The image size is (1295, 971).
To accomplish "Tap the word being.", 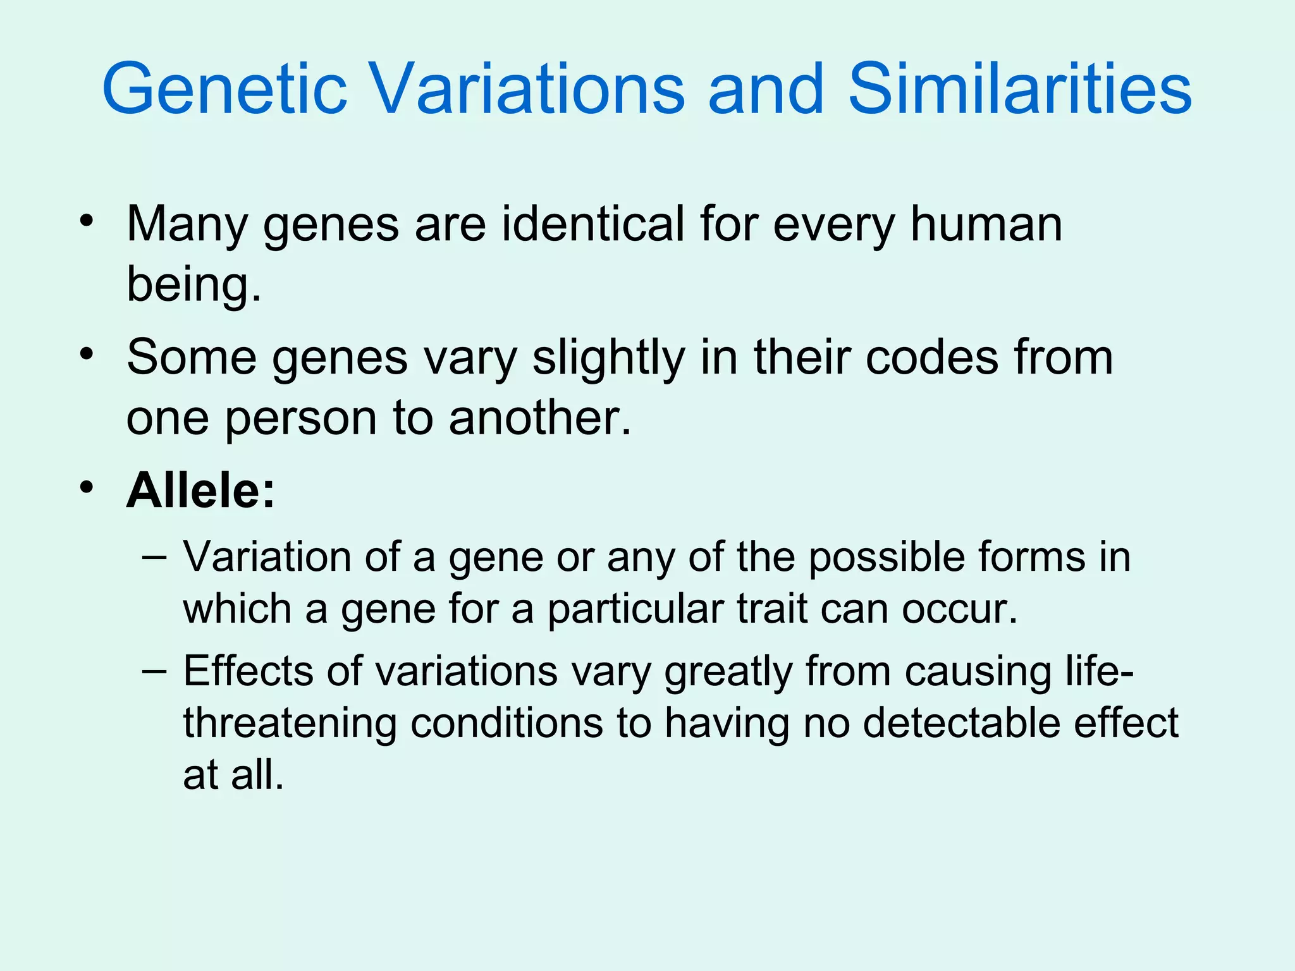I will pyautogui.click(x=193, y=284).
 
